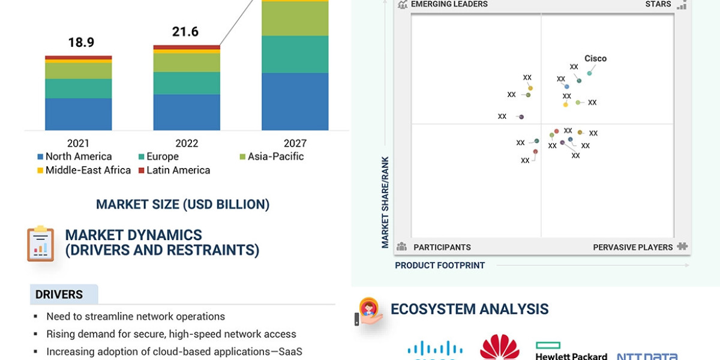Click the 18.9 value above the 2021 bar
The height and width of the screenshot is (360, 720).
[81, 43]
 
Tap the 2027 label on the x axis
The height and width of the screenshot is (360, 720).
[295, 143]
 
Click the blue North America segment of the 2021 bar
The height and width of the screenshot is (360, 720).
[79, 114]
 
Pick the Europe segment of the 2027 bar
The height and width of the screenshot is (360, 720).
[295, 54]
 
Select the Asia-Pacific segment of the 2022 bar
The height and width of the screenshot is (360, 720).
[187, 63]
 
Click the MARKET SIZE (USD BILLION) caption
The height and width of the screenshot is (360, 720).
[182, 205]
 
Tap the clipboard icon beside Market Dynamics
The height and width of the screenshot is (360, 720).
[40, 244]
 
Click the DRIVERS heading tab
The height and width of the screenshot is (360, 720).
[59, 295]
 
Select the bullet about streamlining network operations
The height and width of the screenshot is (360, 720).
[136, 316]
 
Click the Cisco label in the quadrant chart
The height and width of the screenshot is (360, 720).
[595, 59]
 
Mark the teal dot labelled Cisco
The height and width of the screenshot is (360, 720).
[589, 73]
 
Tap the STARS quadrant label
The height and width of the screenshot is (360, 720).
[658, 4]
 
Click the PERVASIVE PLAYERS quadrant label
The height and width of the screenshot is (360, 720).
[633, 247]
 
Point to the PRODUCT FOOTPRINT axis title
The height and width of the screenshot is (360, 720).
[440, 265]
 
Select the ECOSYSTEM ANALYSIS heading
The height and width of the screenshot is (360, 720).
[469, 310]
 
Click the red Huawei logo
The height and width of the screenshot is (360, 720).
[499, 348]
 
